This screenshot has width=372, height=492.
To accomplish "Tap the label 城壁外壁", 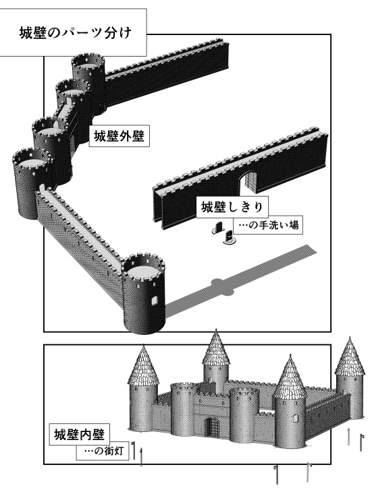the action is pyautogui.click(x=119, y=137).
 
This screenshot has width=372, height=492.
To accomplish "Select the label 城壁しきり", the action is pyautogui.click(x=232, y=207).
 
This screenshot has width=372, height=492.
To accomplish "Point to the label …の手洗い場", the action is pyautogui.click(x=267, y=225).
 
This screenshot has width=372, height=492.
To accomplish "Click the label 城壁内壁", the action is pyautogui.click(x=79, y=435).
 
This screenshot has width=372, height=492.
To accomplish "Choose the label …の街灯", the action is pyautogui.click(x=103, y=452).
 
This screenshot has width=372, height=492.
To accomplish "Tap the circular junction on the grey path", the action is pyautogui.click(x=223, y=286).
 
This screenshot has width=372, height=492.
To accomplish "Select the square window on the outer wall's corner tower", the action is pyautogui.click(x=154, y=301).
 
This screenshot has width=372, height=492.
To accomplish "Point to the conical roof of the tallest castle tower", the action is pyautogui.click(x=216, y=348).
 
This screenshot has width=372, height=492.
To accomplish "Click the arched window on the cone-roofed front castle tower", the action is pyautogui.click(x=295, y=418).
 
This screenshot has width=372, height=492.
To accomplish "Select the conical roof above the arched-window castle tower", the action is pyautogui.click(x=290, y=378).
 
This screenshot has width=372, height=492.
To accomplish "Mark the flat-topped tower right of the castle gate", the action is pyautogui.click(x=244, y=414).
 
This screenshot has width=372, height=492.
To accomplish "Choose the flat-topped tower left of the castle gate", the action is pyautogui.click(x=182, y=408).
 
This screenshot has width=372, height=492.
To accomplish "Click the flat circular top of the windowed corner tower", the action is pyautogui.click(x=143, y=270).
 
